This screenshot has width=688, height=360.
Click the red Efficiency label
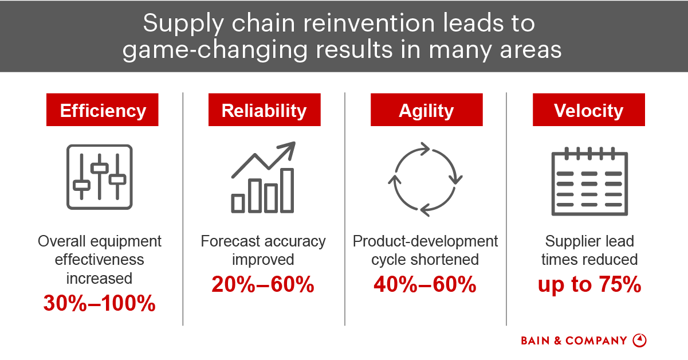102,110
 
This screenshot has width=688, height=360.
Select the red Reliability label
264,110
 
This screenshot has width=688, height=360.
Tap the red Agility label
426,110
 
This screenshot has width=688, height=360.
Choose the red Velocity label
588,110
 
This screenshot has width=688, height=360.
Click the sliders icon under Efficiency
100,177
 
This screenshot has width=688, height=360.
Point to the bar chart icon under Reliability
263,178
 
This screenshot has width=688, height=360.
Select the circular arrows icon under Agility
426,179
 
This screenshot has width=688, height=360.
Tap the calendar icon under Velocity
589,180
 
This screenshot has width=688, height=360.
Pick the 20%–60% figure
263,284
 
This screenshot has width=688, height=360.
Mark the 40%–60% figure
425,284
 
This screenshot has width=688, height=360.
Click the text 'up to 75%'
589,284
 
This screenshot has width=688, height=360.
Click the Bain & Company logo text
574,341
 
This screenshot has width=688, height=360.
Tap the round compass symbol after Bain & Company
639,340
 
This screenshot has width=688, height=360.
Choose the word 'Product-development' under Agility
426,241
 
